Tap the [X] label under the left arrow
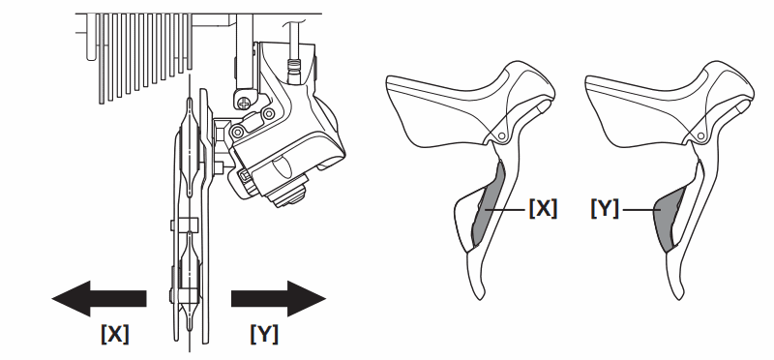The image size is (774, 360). tap(114, 334)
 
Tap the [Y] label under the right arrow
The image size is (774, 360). tap(264, 334)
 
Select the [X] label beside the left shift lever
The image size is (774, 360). tap(542, 208)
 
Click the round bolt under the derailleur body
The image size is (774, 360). tap(285, 194)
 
